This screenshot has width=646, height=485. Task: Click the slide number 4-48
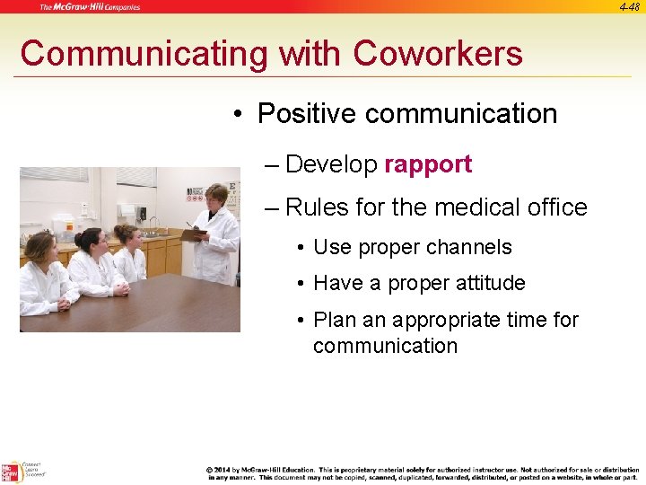point(629,6)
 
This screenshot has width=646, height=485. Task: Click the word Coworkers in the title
point(438,54)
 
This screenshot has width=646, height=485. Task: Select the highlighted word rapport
point(427,164)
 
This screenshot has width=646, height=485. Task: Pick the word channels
point(470,247)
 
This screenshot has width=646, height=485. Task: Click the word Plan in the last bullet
point(336,320)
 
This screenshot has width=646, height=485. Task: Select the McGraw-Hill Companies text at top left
point(90,7)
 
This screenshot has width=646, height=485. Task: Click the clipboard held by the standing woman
point(193,234)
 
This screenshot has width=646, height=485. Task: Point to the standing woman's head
point(217,195)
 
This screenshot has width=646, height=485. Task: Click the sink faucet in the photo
point(154,222)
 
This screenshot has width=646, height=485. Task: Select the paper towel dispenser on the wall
point(127,212)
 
